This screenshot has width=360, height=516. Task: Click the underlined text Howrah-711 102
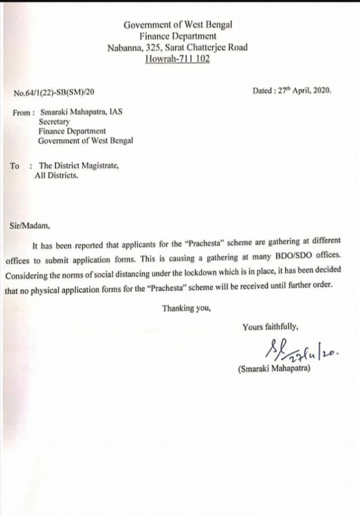point(178,59)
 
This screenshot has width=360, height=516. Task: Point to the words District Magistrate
point(86,165)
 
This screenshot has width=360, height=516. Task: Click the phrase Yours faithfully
point(270,326)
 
